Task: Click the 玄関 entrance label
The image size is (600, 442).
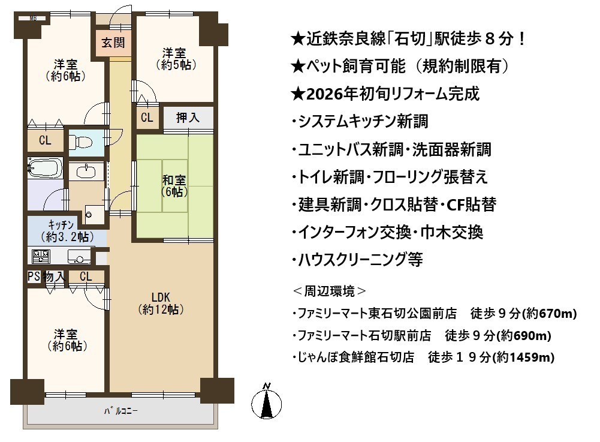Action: (113, 43)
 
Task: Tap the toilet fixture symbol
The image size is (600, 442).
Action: (81, 143)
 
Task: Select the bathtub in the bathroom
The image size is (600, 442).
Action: (45, 168)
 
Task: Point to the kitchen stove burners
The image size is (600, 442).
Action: (41, 256)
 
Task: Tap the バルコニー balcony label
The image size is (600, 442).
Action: (121, 411)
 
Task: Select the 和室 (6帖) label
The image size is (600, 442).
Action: (174, 186)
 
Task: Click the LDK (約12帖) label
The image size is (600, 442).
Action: (161, 303)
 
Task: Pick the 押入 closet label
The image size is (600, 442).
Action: (188, 118)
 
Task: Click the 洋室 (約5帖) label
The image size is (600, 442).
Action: (176, 59)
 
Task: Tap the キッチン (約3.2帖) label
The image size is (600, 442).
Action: (67, 231)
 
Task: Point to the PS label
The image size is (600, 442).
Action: (34, 276)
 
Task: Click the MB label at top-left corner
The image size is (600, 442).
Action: (33, 18)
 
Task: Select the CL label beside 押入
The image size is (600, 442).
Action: (147, 117)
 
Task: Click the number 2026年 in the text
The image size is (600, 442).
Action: (331, 94)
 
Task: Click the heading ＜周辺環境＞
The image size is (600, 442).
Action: (330, 291)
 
